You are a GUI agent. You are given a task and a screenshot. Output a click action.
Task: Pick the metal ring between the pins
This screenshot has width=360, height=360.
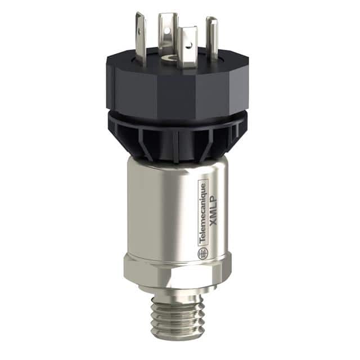coord(167,58)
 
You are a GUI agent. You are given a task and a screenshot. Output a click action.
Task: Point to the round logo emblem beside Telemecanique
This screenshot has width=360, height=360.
coord(201,253)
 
